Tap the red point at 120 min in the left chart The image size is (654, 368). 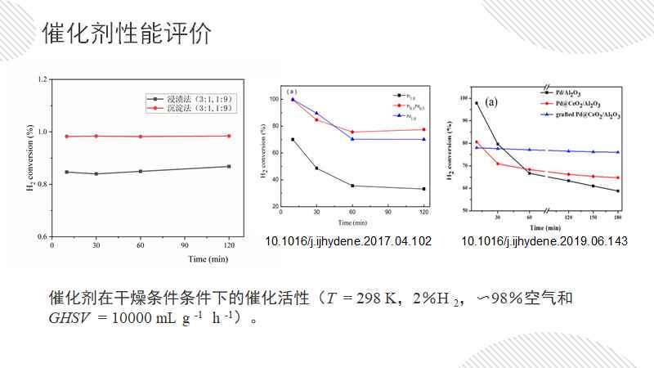click(x=229, y=136)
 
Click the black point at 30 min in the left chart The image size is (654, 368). click(x=96, y=173)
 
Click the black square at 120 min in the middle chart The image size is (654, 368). click(x=423, y=189)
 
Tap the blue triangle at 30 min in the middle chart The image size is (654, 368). click(x=316, y=113)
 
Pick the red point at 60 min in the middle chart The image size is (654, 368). click(x=352, y=132)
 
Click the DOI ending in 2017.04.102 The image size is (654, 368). click(x=348, y=241)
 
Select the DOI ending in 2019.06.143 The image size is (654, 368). click(x=544, y=241)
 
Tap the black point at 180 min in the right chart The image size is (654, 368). click(x=617, y=191)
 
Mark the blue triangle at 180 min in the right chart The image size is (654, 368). click(x=617, y=152)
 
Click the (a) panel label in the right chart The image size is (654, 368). click(x=491, y=102)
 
